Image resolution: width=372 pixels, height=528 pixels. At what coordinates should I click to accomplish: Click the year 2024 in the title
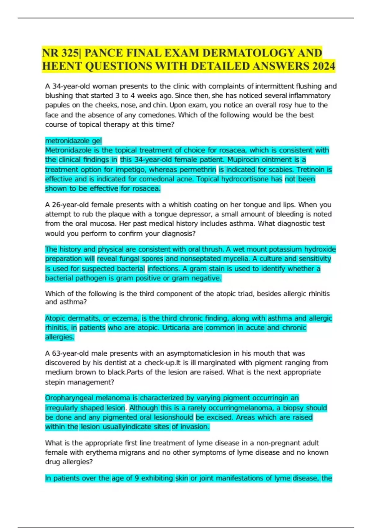(x=324, y=66)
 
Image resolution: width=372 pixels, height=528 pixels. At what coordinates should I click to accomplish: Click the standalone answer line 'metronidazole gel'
(x=73, y=141)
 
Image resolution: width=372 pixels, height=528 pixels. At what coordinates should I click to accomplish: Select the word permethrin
(x=198, y=170)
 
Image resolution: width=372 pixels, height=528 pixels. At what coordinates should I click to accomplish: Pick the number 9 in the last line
(x=137, y=478)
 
